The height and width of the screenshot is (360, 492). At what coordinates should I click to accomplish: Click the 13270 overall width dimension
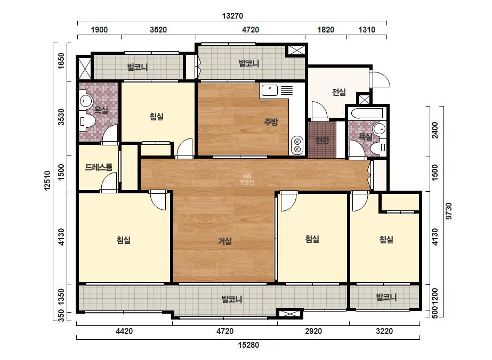pos(232,15)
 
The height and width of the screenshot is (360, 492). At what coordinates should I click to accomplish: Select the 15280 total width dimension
pos(248,345)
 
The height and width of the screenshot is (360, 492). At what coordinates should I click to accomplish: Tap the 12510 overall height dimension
pos(47,181)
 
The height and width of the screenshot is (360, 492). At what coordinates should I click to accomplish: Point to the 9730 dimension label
pos(449,211)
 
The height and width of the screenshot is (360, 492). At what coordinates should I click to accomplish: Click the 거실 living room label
pos(225,241)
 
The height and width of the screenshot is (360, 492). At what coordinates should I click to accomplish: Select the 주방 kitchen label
pos(271,121)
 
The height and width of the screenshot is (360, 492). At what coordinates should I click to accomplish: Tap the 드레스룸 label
pos(99,167)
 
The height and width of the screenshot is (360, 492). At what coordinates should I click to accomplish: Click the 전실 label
pos(339,92)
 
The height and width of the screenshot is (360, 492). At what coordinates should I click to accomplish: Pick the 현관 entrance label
pos(322,140)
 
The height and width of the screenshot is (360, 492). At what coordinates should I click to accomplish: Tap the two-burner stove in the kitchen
pos(297,145)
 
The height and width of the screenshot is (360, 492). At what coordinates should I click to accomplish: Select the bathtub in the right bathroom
pos(367,113)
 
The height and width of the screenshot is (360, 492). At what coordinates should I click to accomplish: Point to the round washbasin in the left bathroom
pos(86,101)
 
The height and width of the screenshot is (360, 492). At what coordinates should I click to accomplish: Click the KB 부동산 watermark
pos(247,179)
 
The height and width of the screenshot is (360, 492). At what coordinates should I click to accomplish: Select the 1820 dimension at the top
pos(326,30)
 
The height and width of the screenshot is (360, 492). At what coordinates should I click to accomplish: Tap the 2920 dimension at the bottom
pos(313,331)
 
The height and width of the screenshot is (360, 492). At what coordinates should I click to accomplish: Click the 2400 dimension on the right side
pos(435,130)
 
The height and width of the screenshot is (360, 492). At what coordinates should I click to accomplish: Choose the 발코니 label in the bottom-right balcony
pos(386,297)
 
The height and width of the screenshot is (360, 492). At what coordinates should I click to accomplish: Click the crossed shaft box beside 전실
pos(364,100)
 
